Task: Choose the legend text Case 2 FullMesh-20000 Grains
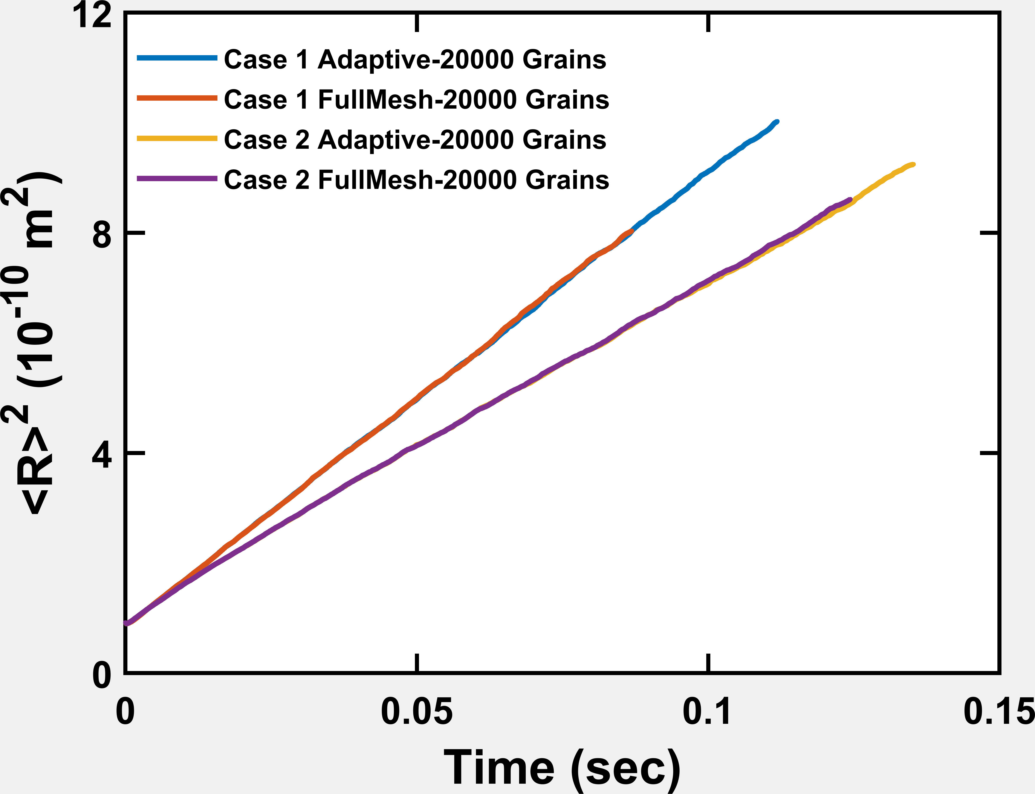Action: click(416, 180)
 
